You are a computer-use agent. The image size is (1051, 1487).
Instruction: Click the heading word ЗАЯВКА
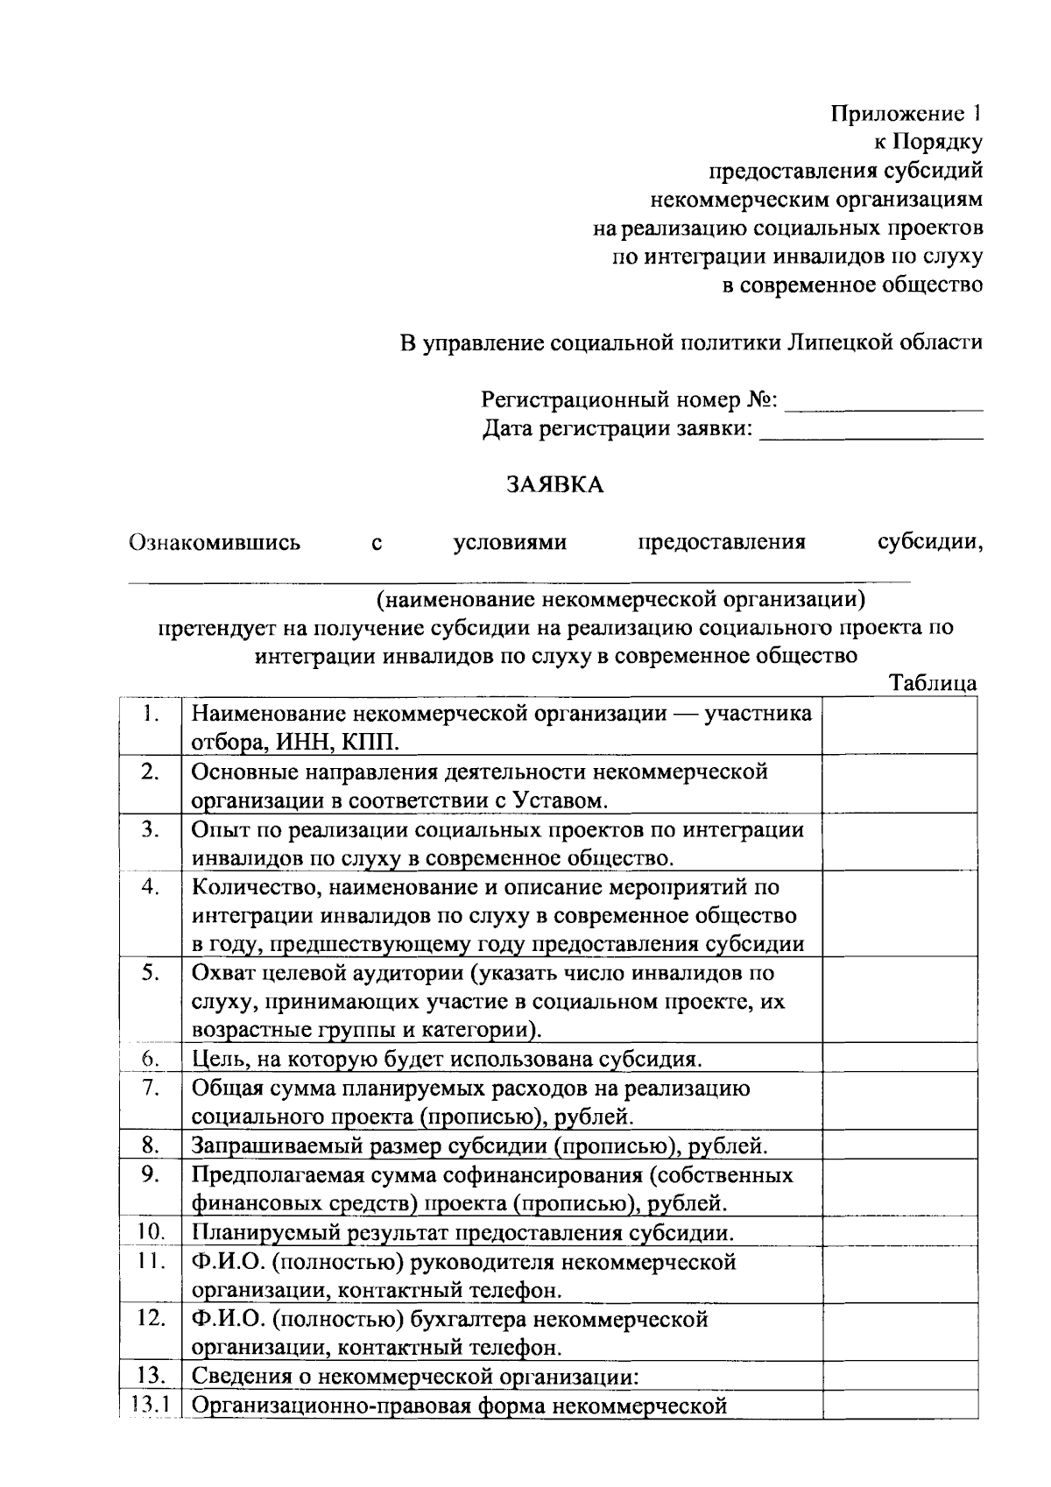tap(555, 484)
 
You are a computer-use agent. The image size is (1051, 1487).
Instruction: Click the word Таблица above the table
tap(932, 684)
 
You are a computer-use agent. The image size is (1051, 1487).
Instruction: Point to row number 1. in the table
tap(151, 714)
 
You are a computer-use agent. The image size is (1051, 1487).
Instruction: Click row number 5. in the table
tap(151, 973)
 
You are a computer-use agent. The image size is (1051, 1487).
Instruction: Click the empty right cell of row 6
tap(899, 1059)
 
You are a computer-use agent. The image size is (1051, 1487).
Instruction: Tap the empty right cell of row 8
tap(899, 1145)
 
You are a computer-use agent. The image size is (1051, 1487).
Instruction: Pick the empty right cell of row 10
tap(899, 1232)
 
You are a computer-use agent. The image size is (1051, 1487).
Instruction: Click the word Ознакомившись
tap(215, 542)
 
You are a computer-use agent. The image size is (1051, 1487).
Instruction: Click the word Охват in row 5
tap(221, 973)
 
